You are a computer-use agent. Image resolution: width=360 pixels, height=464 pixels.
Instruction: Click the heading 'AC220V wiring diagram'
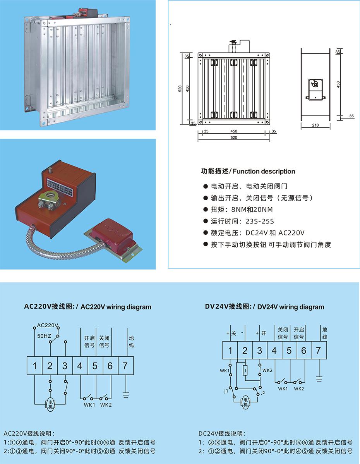87,307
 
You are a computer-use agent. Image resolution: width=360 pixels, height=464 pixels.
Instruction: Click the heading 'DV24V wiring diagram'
264,307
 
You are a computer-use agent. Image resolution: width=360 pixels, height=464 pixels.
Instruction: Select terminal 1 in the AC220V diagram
34,366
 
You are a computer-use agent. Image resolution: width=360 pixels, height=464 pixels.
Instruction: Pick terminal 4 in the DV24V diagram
274,351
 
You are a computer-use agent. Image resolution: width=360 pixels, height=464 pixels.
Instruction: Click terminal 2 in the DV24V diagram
245,351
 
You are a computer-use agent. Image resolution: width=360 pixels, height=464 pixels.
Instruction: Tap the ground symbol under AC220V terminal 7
125,395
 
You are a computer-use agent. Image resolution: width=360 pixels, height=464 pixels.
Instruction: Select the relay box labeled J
245,371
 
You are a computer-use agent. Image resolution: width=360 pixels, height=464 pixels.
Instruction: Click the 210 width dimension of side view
315,125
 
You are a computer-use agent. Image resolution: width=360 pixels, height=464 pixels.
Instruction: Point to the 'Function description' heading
248,171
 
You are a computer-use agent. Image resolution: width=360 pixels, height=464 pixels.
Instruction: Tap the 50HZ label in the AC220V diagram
44,335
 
